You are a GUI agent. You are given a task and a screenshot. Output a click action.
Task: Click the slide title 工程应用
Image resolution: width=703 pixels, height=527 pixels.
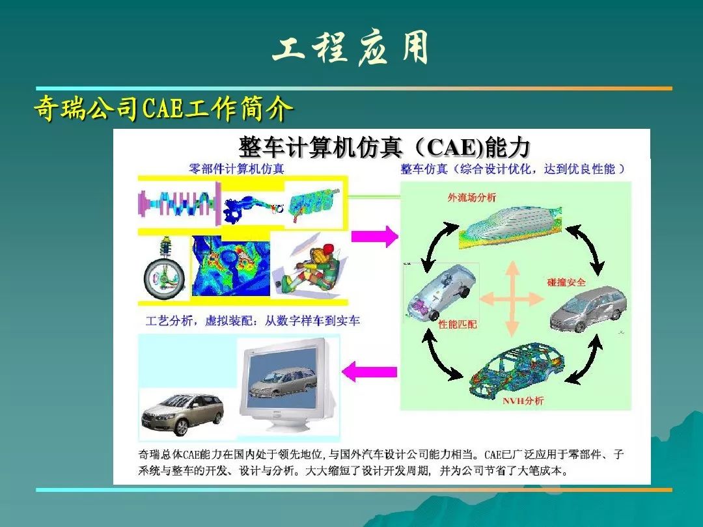pyautogui.click(x=351, y=48)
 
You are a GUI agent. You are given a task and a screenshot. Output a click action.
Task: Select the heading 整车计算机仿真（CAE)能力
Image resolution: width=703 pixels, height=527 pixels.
pyautogui.click(x=384, y=147)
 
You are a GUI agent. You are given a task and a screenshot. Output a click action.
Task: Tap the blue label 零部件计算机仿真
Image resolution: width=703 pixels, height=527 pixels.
pyautogui.click(x=236, y=169)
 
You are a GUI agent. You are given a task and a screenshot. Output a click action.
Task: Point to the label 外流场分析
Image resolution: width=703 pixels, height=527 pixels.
pyautogui.click(x=472, y=197)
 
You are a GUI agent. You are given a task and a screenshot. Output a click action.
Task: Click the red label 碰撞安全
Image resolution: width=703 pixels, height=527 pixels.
pyautogui.click(x=566, y=282)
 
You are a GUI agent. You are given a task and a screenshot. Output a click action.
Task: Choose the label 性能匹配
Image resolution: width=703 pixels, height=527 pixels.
pyautogui.click(x=458, y=324)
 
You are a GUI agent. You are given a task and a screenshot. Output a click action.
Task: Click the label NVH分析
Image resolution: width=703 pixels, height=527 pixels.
pyautogui.click(x=523, y=400)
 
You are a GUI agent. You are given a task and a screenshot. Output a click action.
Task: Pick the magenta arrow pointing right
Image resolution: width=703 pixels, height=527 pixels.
pyautogui.click(x=375, y=236)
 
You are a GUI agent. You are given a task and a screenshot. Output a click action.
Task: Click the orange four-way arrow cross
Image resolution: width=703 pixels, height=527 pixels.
pyautogui.click(x=512, y=299)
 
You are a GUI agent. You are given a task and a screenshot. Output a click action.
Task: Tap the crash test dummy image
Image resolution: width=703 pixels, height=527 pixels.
pyautogui.click(x=309, y=267)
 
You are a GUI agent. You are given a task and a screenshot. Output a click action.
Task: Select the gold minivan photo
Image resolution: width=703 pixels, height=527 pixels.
pyautogui.click(x=182, y=413)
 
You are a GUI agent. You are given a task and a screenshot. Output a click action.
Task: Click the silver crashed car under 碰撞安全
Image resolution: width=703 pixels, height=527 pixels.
pyautogui.click(x=588, y=308)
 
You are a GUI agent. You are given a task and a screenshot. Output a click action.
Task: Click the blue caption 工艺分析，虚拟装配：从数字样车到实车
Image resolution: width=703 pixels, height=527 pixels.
pyautogui.click(x=253, y=321)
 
